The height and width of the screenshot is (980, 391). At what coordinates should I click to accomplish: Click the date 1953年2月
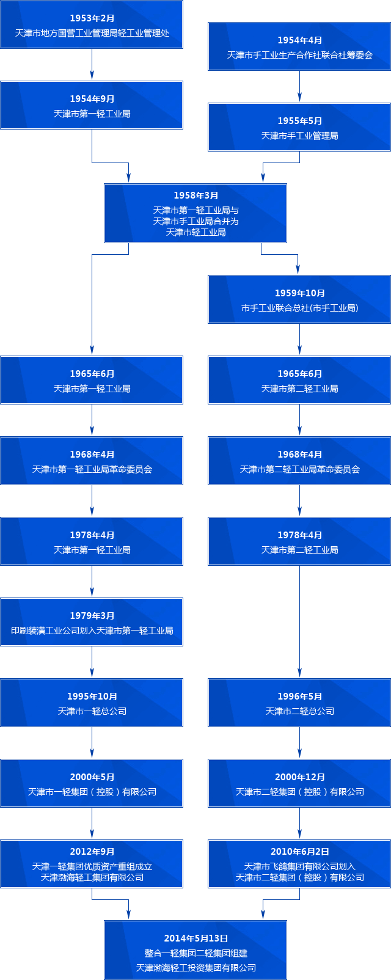tap(92, 18)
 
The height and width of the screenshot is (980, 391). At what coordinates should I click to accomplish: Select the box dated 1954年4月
tap(299, 46)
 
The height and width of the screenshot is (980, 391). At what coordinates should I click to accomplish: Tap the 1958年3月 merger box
tap(195, 213)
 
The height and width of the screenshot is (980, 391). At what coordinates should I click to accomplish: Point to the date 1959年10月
tap(299, 293)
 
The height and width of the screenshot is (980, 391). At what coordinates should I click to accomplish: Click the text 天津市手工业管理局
tap(299, 136)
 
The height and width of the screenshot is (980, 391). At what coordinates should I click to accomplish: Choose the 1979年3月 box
tap(92, 622)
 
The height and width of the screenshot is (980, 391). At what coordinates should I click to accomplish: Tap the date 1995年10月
tap(92, 697)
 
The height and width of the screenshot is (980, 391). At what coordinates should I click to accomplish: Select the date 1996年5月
tap(299, 697)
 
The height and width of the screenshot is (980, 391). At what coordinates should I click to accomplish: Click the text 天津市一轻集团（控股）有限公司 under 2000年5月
tap(92, 792)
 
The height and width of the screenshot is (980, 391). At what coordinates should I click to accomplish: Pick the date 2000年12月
tap(299, 777)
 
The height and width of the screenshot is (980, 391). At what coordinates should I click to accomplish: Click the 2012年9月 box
tap(92, 864)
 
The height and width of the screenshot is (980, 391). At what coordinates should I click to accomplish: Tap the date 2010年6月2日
tap(299, 852)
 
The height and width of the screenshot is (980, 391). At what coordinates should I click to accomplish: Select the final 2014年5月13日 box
tap(195, 950)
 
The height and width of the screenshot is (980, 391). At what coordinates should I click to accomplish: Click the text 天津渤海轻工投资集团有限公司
tap(195, 968)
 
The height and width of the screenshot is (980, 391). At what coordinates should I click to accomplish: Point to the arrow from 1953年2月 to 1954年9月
tap(92, 65)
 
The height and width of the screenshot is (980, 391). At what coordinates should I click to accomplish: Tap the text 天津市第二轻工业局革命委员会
tap(299, 469)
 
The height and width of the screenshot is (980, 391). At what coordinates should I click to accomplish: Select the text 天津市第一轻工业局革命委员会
tap(92, 469)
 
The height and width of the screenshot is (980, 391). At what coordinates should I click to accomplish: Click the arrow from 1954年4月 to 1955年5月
tap(299, 86)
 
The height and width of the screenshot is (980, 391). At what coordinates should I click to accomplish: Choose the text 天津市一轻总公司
tap(92, 711)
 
